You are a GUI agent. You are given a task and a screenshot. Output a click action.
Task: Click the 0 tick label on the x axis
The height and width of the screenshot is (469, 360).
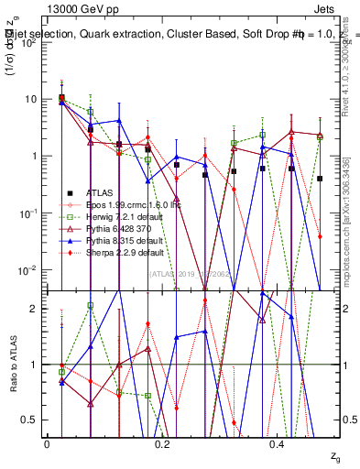point(47,444)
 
